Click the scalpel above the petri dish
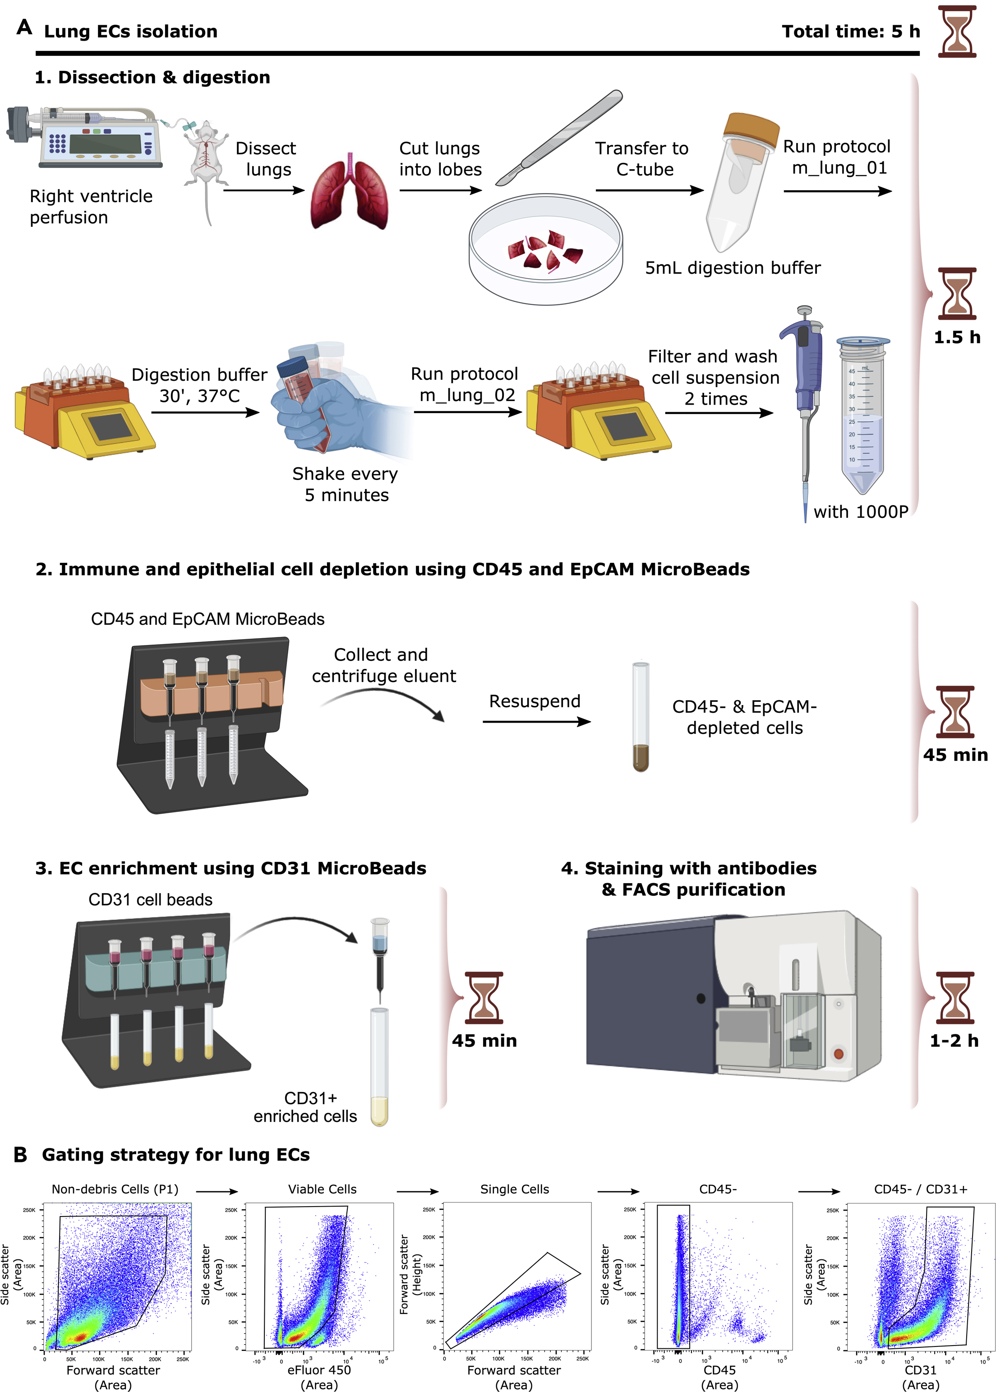coord(559,138)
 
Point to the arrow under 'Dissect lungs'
coord(264,190)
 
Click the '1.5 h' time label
coord(956,337)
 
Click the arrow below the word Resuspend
coord(536,722)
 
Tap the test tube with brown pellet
coord(640,718)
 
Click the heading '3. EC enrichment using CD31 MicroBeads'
coord(231,868)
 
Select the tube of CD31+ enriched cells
coord(379,1067)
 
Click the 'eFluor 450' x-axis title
coord(319,1370)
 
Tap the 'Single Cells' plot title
coord(514,1189)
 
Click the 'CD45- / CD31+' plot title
coord(920,1189)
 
